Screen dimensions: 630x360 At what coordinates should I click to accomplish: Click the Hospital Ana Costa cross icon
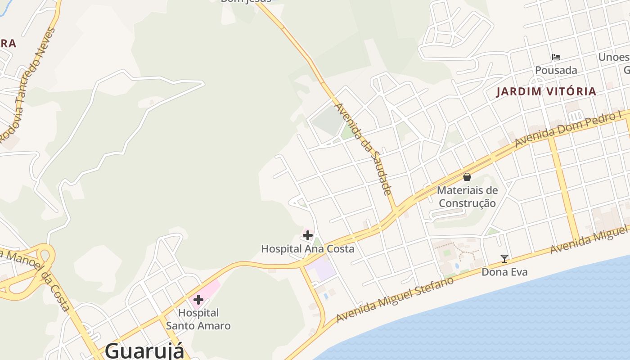[x=308, y=235]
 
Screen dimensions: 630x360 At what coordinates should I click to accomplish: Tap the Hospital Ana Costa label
[x=308, y=249]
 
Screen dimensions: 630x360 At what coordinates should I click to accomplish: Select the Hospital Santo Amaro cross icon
[x=198, y=300]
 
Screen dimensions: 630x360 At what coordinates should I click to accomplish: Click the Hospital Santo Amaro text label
[x=198, y=319]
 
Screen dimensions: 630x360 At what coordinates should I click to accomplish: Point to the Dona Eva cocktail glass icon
[x=504, y=259]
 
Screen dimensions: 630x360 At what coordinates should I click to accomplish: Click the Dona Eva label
[x=504, y=272]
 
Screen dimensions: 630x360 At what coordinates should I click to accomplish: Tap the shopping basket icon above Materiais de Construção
[x=467, y=177]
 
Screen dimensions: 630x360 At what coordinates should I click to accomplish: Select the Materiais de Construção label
[x=468, y=197]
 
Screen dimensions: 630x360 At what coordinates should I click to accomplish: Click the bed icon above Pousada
[x=556, y=57]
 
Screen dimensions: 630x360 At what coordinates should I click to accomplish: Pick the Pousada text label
[x=556, y=70]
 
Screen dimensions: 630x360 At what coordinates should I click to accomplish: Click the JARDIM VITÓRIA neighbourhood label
[x=546, y=92]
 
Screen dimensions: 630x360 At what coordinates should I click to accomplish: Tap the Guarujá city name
[x=145, y=351]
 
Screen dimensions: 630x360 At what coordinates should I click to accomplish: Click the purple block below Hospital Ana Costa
[x=320, y=270]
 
